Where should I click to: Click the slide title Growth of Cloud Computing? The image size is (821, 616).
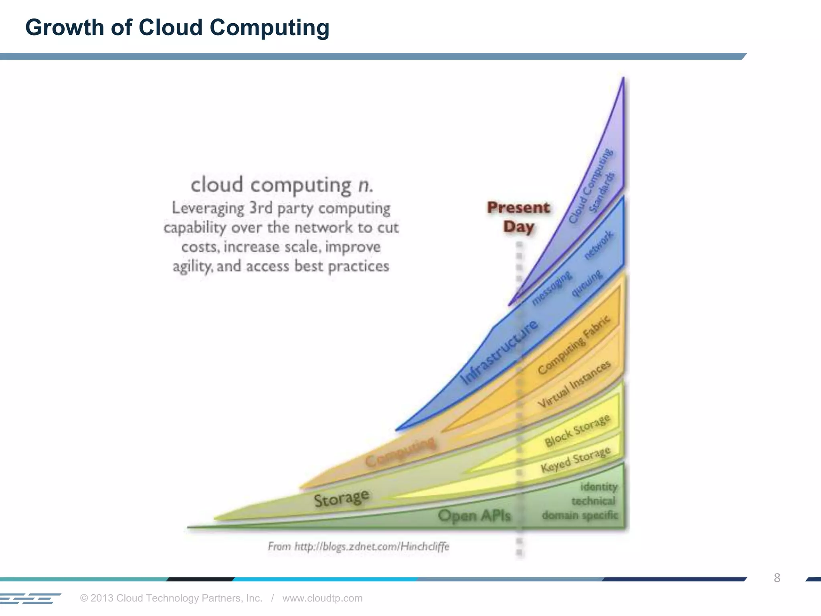(177, 28)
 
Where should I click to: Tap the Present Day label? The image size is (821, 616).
(518, 217)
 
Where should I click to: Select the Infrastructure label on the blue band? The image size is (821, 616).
(499, 353)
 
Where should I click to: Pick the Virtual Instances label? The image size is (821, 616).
(574, 384)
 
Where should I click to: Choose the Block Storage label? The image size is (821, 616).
(577, 430)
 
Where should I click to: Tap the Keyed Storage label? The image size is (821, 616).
(575, 460)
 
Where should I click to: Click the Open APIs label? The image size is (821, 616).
(474, 515)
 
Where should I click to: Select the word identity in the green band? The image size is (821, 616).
(599, 487)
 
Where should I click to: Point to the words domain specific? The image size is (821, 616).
(580, 515)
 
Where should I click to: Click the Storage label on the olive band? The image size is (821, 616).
(341, 498)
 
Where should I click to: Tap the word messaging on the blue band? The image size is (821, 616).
(552, 288)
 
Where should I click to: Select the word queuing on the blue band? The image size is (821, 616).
(587, 283)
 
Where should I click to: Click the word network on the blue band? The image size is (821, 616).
(599, 245)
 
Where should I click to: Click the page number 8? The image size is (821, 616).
(777, 578)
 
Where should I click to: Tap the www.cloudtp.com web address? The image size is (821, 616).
(322, 598)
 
